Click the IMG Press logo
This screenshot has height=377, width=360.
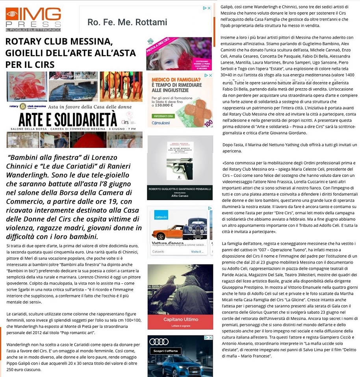33,19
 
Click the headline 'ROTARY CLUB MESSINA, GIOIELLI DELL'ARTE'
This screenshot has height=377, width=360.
70,53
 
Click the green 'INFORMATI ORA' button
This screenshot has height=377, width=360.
163,116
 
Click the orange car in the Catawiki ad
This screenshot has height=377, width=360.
165,231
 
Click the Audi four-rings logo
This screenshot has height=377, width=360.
159,342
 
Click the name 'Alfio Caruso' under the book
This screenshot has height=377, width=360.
180,195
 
